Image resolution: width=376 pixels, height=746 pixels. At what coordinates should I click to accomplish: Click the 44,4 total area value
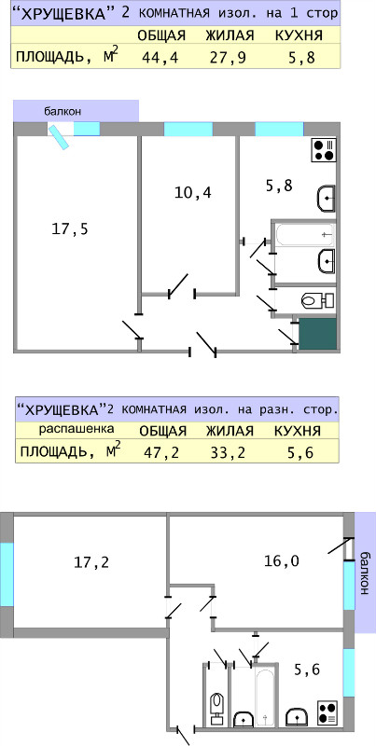pos(160,58)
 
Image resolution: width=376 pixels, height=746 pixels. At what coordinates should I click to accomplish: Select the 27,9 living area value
pos(228,58)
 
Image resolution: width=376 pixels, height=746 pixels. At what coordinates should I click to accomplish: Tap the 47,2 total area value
pos(161,452)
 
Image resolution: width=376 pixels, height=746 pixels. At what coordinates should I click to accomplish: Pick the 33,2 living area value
pos(228,452)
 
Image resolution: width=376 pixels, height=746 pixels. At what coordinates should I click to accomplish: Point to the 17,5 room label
pos(70,229)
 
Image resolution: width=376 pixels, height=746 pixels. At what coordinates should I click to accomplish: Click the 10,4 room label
pos(193,193)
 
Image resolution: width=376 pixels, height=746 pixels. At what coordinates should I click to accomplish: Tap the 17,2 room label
pos(91,562)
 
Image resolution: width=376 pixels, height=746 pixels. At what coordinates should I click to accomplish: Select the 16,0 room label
pos(281,561)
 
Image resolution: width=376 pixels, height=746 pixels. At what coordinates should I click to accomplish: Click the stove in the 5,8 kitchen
pos(324,150)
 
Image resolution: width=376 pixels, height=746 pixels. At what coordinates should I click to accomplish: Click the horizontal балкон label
pos(63,112)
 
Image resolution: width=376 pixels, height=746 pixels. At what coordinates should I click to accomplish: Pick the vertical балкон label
pos(364,573)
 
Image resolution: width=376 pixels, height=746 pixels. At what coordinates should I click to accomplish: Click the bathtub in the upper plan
pos(303,234)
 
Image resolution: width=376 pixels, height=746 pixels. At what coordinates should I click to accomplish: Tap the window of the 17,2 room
pos(7,574)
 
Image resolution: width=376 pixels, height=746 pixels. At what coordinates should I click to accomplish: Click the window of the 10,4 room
pos(188,129)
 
